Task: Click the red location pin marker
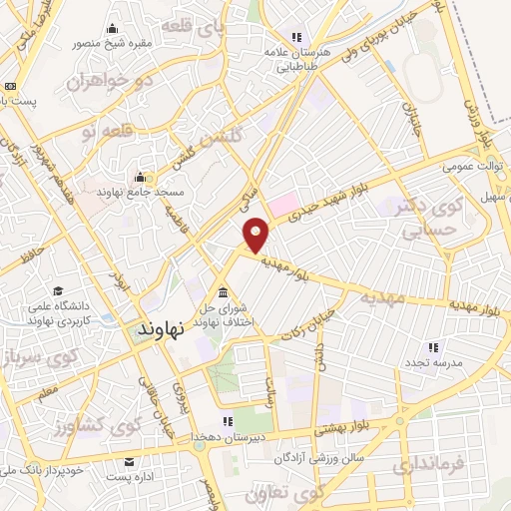pos(257,234)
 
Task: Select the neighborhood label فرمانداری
pos(429,465)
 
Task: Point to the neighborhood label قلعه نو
pos(104,131)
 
